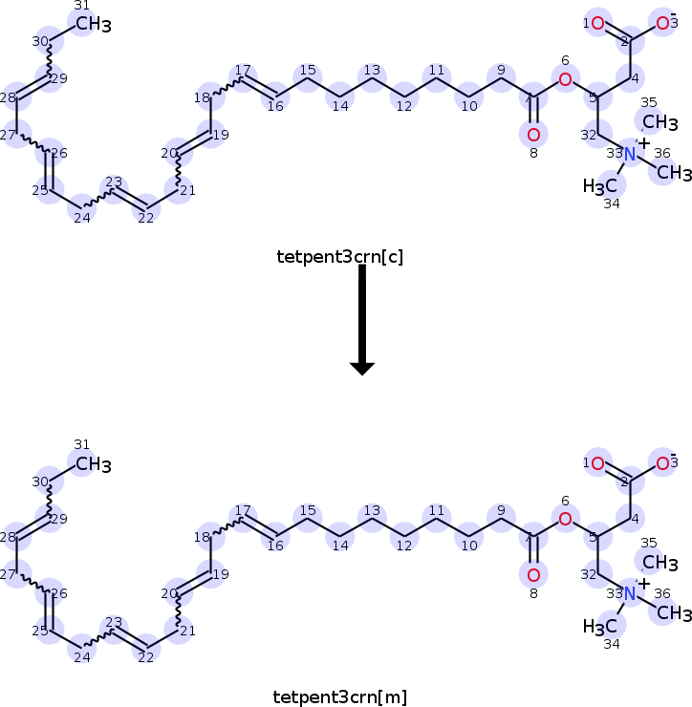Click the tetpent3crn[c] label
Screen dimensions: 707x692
340,256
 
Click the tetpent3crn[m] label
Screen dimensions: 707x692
340,696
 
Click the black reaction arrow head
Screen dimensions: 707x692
362,367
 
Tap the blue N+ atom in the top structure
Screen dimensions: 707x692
630,153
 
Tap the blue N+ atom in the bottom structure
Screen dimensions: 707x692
630,593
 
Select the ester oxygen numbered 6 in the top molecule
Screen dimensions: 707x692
565,78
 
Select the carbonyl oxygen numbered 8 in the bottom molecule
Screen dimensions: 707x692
532,575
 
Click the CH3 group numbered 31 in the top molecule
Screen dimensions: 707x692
93,25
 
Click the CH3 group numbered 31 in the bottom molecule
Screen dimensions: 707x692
93,465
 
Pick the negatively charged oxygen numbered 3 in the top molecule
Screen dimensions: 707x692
661,23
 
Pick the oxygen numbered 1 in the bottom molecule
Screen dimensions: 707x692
597,464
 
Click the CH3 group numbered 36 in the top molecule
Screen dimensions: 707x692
674,173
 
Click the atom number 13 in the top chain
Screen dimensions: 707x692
372,79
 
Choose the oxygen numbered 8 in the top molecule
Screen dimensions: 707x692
532,135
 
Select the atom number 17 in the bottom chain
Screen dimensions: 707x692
242,519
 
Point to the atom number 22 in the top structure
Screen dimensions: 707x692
146,206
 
